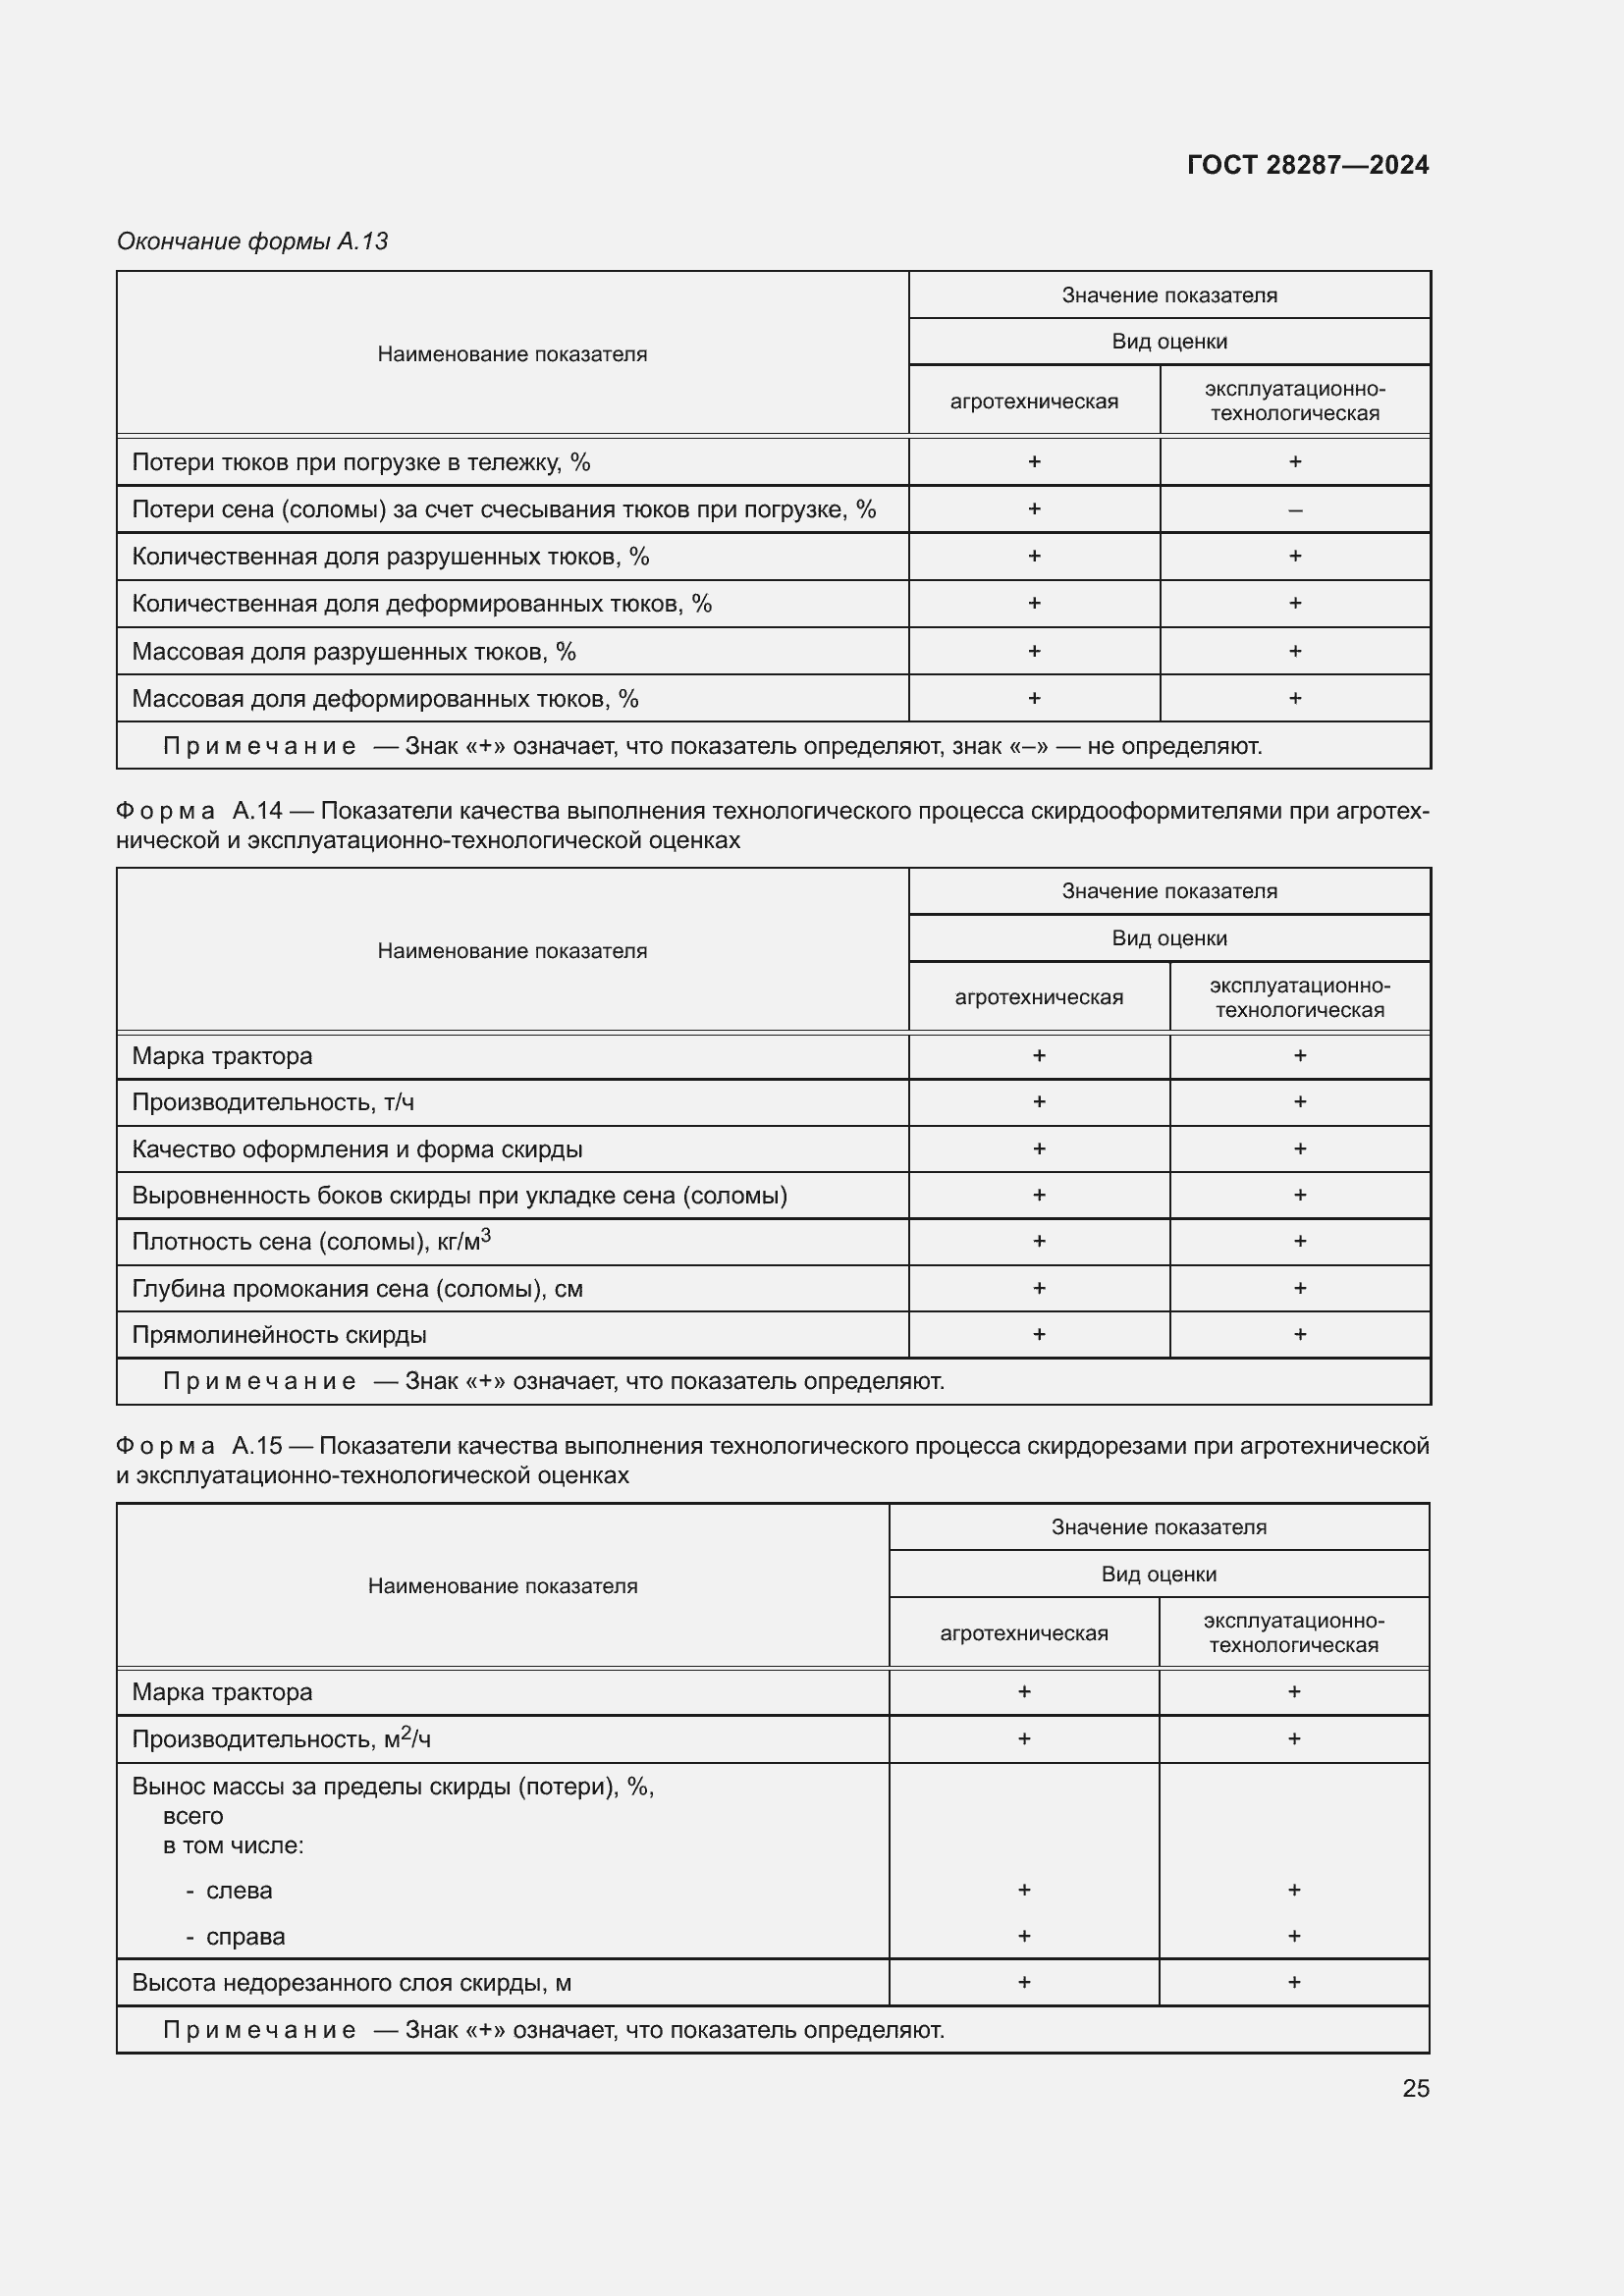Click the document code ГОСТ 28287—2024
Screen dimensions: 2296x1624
pos(1307,165)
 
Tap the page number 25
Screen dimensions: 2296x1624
pos(1415,2088)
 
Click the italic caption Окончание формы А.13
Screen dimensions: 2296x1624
pos(252,241)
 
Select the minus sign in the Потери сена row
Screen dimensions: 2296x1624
pos(1294,510)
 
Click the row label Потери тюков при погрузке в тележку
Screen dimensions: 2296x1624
pos(361,462)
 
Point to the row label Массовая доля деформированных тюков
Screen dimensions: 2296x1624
pos(385,699)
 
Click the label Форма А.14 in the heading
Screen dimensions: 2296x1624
pos(199,811)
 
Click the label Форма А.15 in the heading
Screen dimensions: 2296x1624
pos(199,1446)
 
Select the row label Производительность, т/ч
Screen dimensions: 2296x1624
pos(273,1102)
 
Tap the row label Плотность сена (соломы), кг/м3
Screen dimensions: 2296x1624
pos(311,1241)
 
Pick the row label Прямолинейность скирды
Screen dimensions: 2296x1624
pos(279,1335)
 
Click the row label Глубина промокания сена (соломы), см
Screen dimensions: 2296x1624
pos(357,1289)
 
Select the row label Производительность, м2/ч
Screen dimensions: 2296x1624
pos(281,1740)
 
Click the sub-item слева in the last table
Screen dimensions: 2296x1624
pos(239,1891)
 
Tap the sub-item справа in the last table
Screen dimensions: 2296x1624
pos(245,1937)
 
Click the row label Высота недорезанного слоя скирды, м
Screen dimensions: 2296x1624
pos(351,1983)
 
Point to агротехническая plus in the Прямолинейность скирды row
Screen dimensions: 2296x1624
pos(1038,1334)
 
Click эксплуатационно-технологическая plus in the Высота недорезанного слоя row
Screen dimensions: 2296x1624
pos(1293,1982)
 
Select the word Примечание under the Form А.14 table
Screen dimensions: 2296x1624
pos(259,1382)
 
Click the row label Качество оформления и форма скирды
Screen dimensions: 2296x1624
pos(357,1149)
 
